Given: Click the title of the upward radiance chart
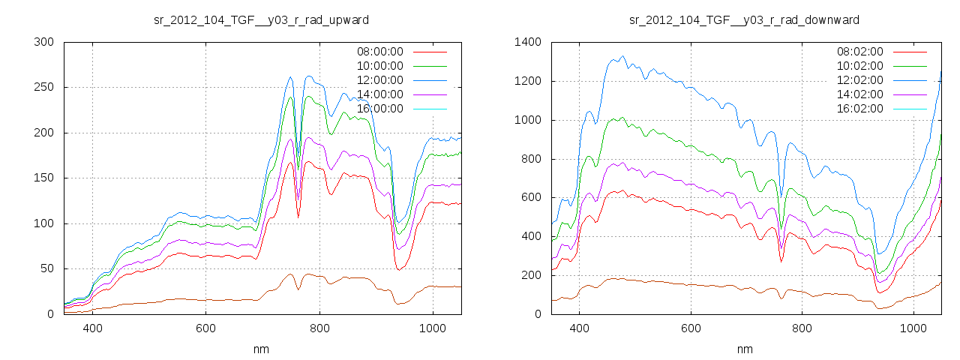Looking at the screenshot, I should click(261, 19).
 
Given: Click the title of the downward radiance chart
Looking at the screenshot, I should click(744, 19).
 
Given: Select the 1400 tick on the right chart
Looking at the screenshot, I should click(526, 42).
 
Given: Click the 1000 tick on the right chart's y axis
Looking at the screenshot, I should click(526, 120).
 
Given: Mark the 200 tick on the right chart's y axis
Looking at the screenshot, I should click(529, 275).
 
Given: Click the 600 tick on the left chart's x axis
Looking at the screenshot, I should click(205, 328).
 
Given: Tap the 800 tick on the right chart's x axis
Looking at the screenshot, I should click(802, 328).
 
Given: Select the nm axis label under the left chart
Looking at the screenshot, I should click(261, 349).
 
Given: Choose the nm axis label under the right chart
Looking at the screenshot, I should click(744, 349).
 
